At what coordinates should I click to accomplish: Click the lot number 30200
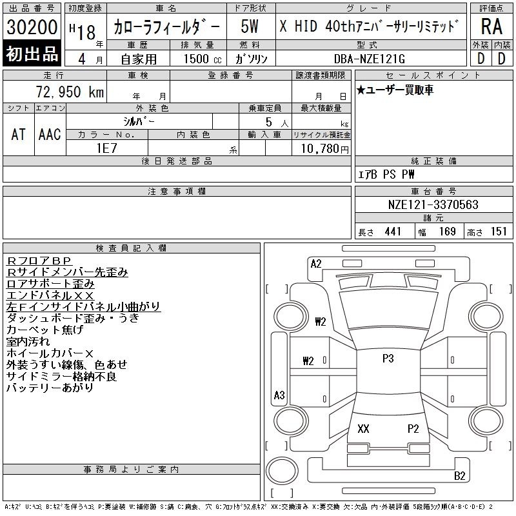(x=32, y=26)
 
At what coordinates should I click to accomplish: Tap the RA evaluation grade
(x=491, y=26)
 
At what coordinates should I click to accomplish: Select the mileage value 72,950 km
(x=70, y=92)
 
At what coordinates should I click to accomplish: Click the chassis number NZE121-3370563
(x=433, y=204)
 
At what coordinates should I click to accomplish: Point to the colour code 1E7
(x=106, y=148)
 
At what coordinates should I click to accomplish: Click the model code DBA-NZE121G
(x=370, y=59)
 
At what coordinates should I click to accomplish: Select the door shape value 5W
(x=250, y=26)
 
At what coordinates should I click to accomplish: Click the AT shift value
(x=18, y=134)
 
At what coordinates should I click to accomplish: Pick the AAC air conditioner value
(x=50, y=134)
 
